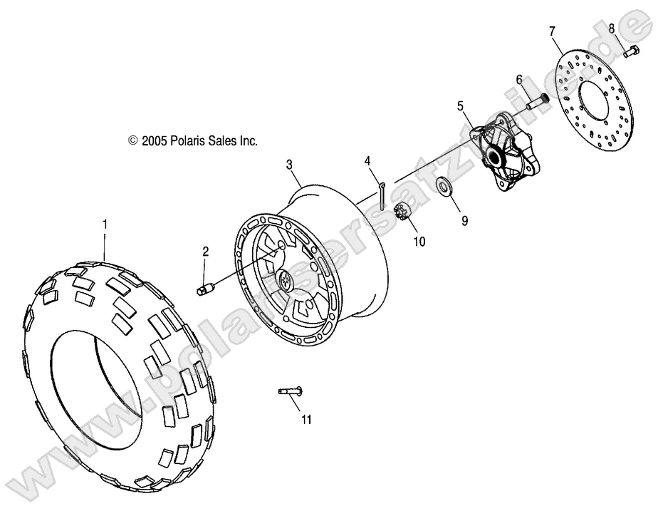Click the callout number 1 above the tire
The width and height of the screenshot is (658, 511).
click(x=105, y=224)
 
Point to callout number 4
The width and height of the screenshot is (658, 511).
click(x=368, y=161)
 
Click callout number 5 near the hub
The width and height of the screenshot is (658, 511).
click(x=461, y=106)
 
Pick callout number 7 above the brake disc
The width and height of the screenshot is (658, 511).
click(x=551, y=31)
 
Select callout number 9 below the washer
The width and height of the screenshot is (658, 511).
click(x=464, y=221)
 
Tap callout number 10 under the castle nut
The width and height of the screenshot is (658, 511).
click(x=419, y=241)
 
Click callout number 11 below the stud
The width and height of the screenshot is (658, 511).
click(x=306, y=420)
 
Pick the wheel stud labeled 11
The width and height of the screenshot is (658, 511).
click(x=291, y=390)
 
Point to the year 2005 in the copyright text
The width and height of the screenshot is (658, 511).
click(x=154, y=141)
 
